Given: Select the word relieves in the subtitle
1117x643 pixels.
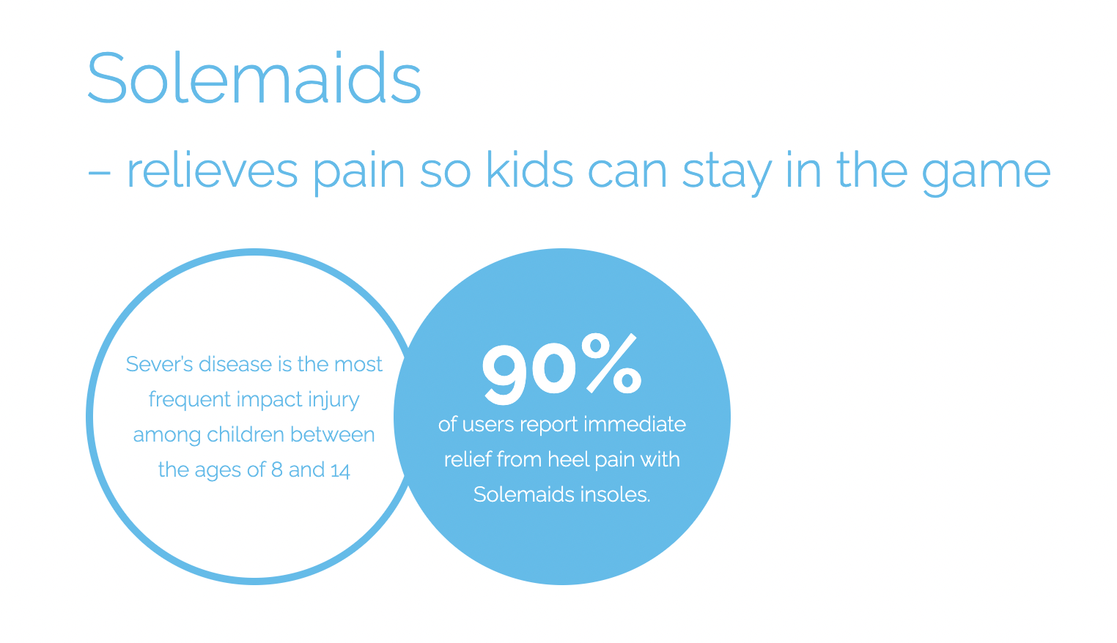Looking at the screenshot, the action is coord(213,171).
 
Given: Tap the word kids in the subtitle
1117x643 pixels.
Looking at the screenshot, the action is coord(530,171).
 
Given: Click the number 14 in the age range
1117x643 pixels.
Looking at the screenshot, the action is coord(340,471).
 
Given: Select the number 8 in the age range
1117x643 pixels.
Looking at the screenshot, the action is coord(277,470).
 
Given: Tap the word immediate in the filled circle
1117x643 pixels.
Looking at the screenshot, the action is coord(634,424).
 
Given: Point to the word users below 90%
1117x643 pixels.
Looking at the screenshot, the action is coord(488,425).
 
